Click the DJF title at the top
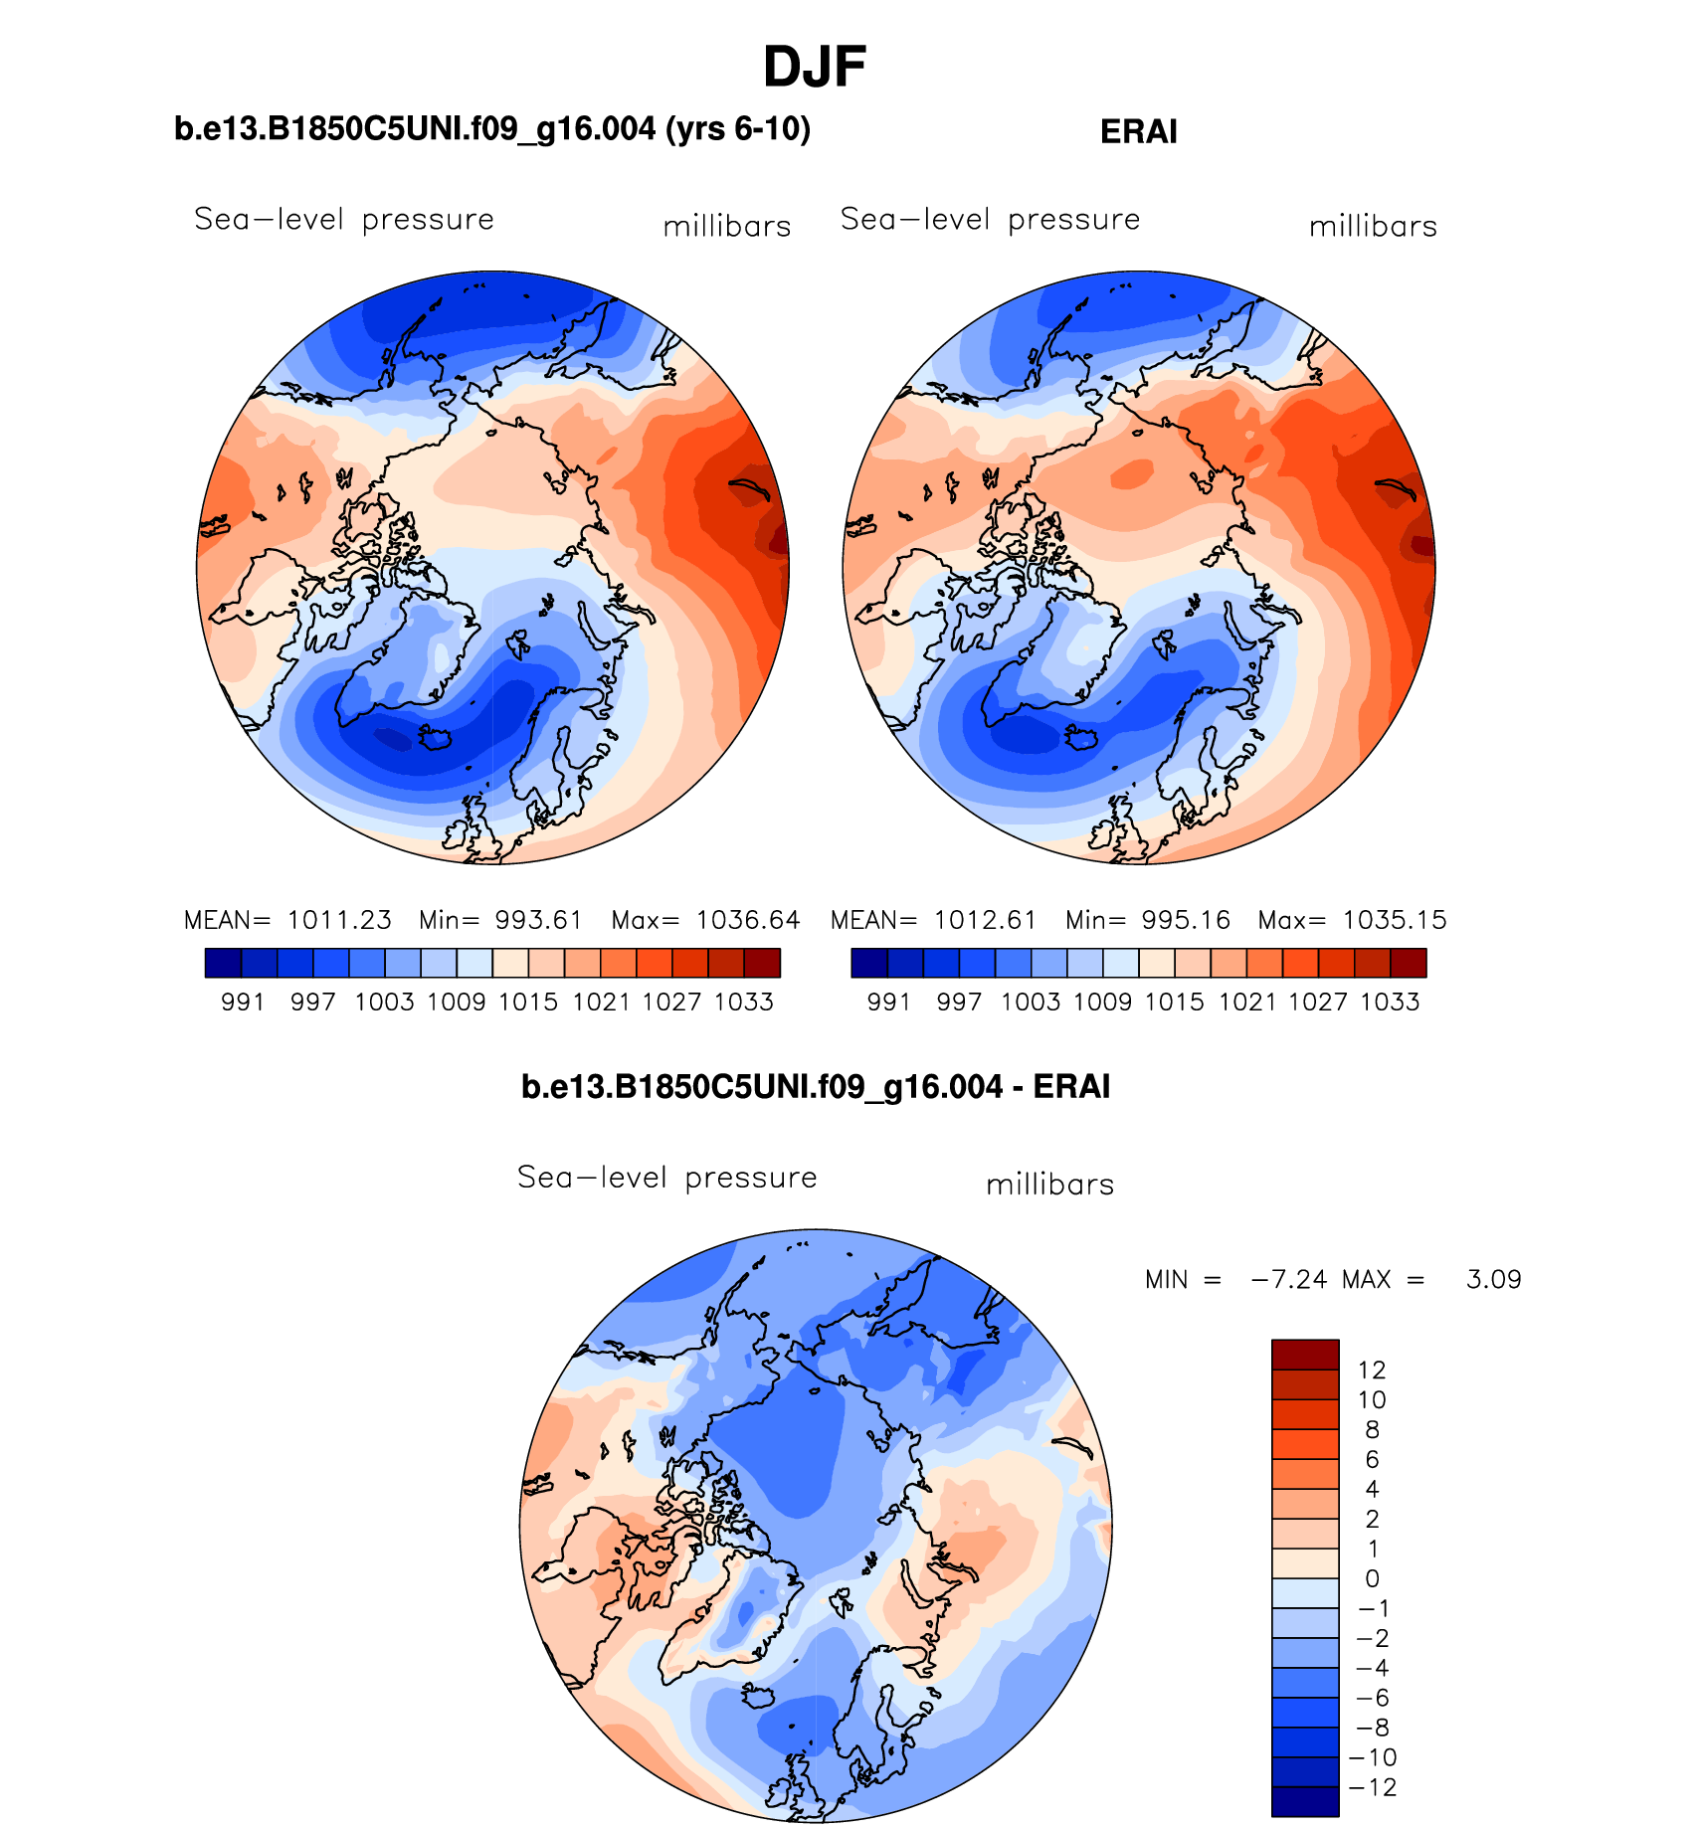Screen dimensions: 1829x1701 [815, 68]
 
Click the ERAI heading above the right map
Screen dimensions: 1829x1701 [1138, 132]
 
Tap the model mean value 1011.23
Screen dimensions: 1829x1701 [339, 920]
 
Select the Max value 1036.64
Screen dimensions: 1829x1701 [747, 920]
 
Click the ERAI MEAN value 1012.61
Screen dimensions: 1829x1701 [985, 920]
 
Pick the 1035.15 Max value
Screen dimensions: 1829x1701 [1394, 920]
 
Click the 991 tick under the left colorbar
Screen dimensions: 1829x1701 [243, 1002]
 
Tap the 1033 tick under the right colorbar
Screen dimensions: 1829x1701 [1390, 1002]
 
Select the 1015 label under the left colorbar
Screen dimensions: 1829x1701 [528, 1002]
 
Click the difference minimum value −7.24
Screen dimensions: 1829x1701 [1288, 1279]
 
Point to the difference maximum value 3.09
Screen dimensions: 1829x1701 [1493, 1279]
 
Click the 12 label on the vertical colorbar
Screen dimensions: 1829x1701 [1372, 1370]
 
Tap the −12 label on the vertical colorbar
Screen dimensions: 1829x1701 [1373, 1787]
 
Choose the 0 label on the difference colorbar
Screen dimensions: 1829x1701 [1372, 1578]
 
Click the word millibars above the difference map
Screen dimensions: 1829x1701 [1049, 1185]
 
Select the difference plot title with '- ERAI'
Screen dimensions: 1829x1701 [815, 1086]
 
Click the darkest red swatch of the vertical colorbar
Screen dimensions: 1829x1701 [1304, 1355]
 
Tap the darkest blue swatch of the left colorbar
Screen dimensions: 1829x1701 [223, 963]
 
